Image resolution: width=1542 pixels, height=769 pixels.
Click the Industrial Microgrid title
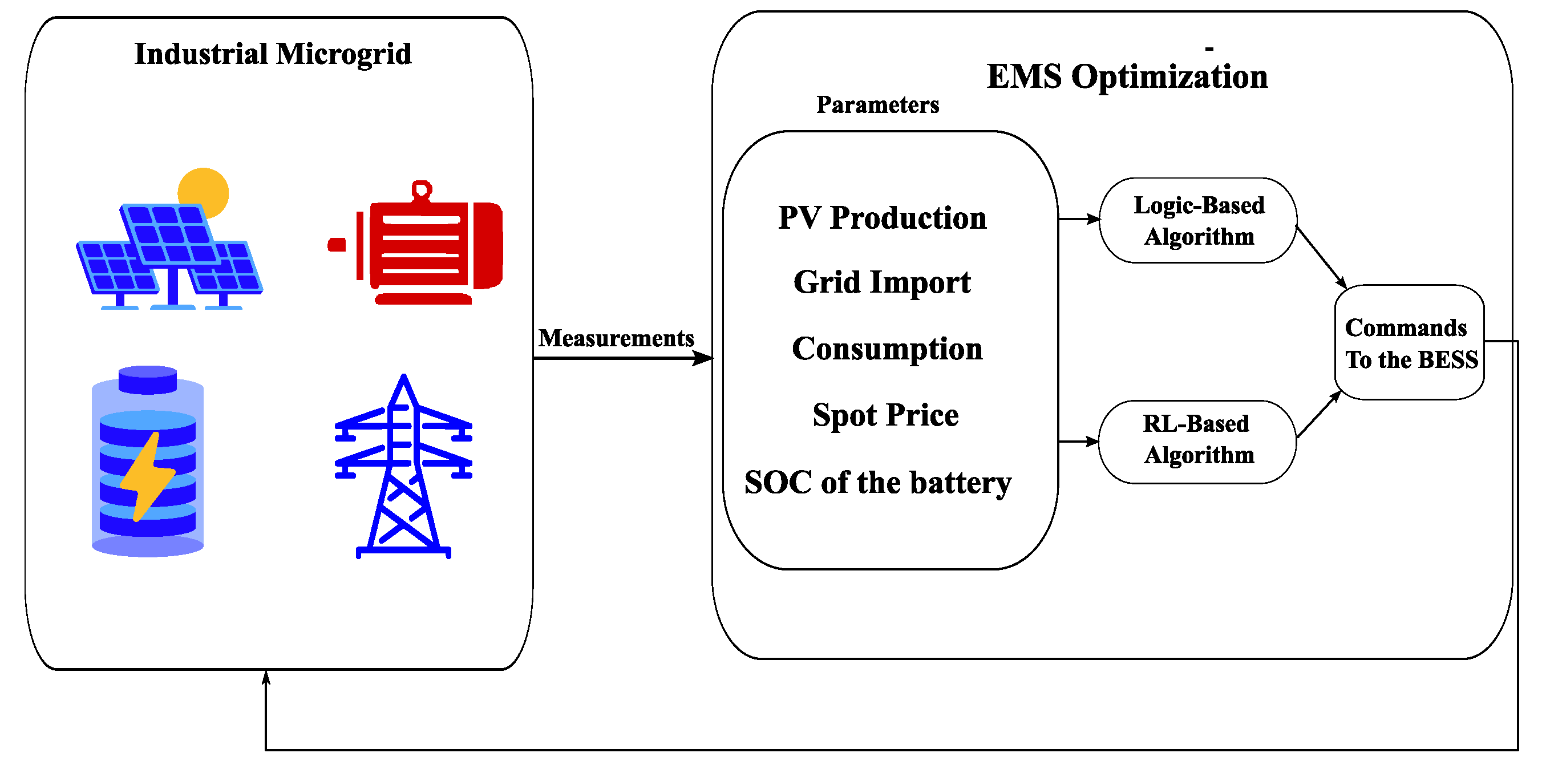point(273,54)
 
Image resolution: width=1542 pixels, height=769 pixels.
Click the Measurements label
point(616,338)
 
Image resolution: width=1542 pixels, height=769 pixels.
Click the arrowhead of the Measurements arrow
point(703,358)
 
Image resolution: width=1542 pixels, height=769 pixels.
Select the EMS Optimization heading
point(1127,76)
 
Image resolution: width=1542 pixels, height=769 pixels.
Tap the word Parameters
point(877,105)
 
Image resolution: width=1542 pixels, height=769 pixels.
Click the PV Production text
point(883,217)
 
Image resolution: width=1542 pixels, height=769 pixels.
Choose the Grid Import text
point(882,282)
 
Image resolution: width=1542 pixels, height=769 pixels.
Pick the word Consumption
point(887,349)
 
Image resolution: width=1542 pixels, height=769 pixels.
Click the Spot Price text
point(885,415)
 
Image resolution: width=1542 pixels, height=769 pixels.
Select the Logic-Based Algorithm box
point(1199,220)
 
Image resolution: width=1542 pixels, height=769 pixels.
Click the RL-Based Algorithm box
point(1197,442)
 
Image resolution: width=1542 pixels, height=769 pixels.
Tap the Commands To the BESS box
point(1410,342)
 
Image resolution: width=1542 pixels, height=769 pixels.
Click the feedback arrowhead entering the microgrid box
point(266,677)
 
